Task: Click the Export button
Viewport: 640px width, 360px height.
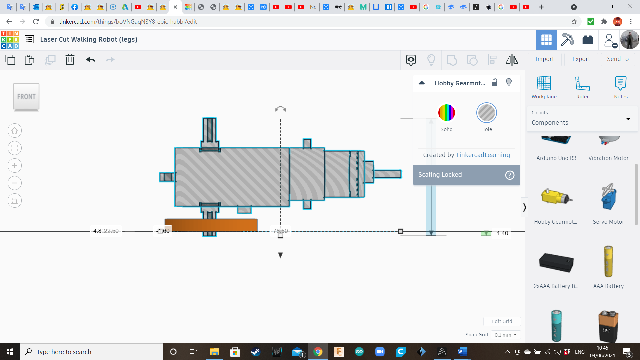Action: pos(581,59)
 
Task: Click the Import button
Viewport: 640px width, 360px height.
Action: pos(544,59)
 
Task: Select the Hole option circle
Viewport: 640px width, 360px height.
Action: pos(486,113)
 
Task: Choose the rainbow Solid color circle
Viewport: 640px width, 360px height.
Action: pos(446,113)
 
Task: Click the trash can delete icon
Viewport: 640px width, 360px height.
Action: pos(70,60)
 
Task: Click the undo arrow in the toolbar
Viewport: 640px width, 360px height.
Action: pos(90,60)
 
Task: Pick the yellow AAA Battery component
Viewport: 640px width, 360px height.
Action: pos(608,262)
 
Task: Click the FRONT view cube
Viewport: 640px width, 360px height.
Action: pos(26,97)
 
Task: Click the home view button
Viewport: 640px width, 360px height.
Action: pos(15,131)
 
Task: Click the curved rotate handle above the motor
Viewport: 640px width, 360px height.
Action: pos(280,109)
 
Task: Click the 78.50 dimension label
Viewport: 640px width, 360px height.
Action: pos(280,231)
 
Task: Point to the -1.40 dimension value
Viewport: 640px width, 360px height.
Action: pos(501,233)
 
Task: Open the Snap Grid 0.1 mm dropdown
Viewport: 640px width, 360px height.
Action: pos(505,335)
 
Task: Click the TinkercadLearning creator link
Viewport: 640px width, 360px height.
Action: pos(483,155)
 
